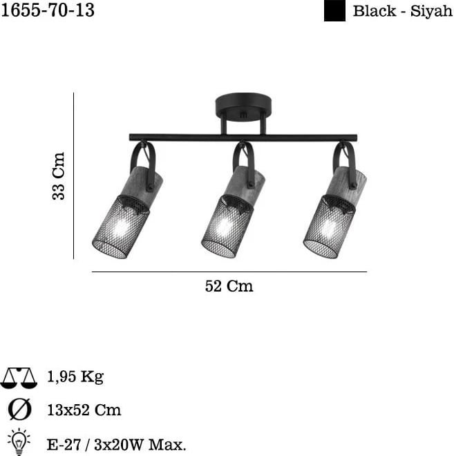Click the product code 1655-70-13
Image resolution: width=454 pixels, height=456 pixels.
click(x=48, y=10)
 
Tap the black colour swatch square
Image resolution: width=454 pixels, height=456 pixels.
click(x=334, y=11)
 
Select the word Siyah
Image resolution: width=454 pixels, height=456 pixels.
click(x=431, y=11)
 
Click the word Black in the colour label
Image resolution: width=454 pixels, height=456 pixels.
click(x=375, y=11)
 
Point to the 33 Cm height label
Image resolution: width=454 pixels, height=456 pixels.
click(x=59, y=175)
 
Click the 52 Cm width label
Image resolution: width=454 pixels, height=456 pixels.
click(x=229, y=286)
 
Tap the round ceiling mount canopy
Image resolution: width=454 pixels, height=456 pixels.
click(x=243, y=106)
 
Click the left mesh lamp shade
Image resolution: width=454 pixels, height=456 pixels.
click(x=121, y=227)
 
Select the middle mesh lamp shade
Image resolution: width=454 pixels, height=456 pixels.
click(x=227, y=226)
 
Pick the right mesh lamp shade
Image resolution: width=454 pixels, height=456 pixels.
click(x=330, y=227)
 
